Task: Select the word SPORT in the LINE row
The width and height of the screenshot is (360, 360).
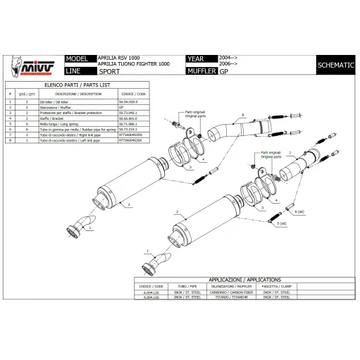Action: pos(108,72)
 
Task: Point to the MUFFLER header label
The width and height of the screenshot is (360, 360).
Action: pos(201,72)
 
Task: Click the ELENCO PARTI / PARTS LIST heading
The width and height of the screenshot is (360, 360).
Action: pos(78,85)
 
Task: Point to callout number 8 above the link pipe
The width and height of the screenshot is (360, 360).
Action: pos(242,113)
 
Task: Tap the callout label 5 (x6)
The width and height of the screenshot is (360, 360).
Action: pos(282,223)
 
